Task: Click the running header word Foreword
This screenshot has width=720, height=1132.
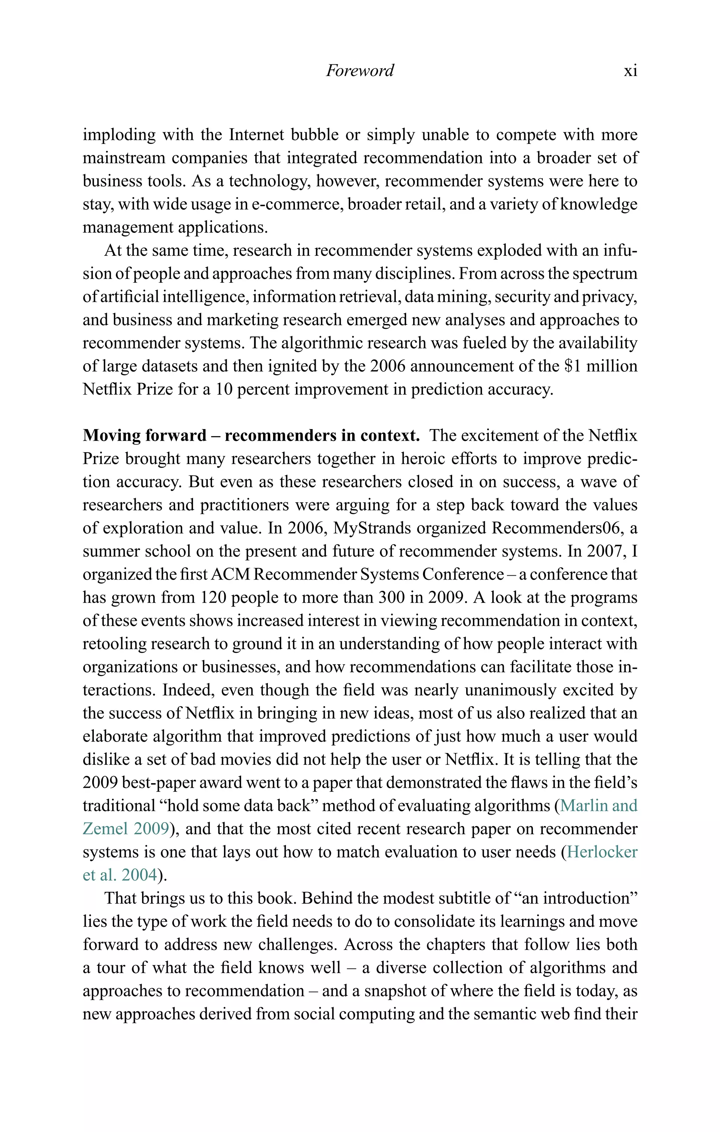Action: [x=360, y=71]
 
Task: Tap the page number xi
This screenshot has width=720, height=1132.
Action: [x=630, y=71]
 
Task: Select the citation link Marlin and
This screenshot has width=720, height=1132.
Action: [x=599, y=806]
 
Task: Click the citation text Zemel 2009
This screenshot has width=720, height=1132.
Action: [x=126, y=829]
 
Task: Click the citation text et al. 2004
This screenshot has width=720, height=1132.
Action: [x=120, y=875]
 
